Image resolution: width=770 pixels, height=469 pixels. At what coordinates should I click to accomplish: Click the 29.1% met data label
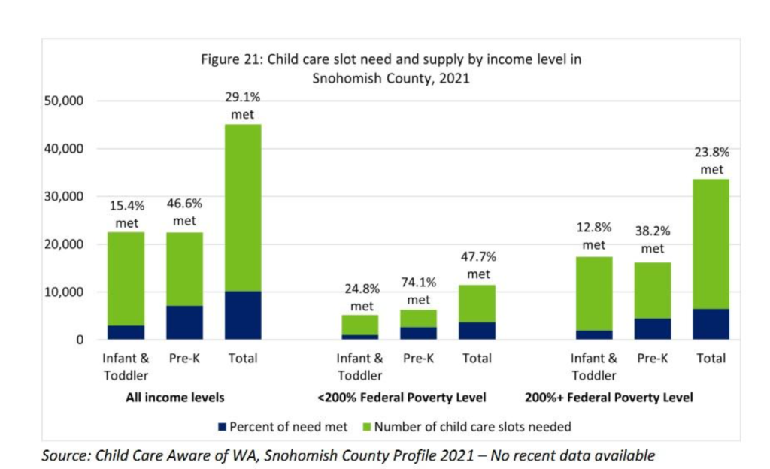coord(243,106)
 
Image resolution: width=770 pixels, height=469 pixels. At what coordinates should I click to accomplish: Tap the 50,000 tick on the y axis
coord(67,101)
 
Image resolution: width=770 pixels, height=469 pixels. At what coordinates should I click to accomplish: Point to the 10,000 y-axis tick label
coord(67,292)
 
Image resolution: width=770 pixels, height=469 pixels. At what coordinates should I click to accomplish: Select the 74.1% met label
coord(418,292)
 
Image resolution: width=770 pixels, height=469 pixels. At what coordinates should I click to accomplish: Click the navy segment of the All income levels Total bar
coord(243,315)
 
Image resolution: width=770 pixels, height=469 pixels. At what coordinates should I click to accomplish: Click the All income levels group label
coord(174,397)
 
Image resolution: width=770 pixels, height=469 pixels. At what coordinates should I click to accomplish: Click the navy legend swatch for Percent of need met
coord(223,427)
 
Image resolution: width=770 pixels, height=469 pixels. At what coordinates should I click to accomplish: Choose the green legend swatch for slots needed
coord(367,427)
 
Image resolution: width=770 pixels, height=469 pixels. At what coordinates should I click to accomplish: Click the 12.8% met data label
coord(593,236)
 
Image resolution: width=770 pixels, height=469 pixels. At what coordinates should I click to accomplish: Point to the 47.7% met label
coord(478,265)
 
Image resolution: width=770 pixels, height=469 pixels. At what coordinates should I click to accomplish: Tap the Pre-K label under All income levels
coord(184,359)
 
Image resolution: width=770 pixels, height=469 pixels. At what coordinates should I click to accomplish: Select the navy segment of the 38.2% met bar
coord(653,329)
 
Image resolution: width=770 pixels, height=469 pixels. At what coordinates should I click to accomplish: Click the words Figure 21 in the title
coord(229,60)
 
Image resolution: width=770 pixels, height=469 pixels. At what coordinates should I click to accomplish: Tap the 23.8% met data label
coord(711,160)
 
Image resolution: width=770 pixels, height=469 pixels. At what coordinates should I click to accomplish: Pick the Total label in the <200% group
coord(477,359)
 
